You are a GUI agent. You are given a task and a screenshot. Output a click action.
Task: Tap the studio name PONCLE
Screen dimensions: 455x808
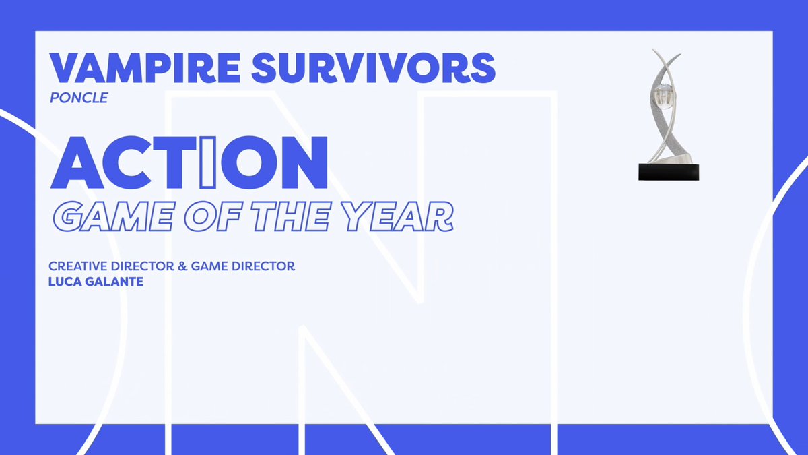point(79,98)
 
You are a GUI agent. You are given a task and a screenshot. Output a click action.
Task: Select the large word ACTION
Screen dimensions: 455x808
point(189,163)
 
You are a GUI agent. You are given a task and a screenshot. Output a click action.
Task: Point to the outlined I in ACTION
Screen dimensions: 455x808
point(208,163)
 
